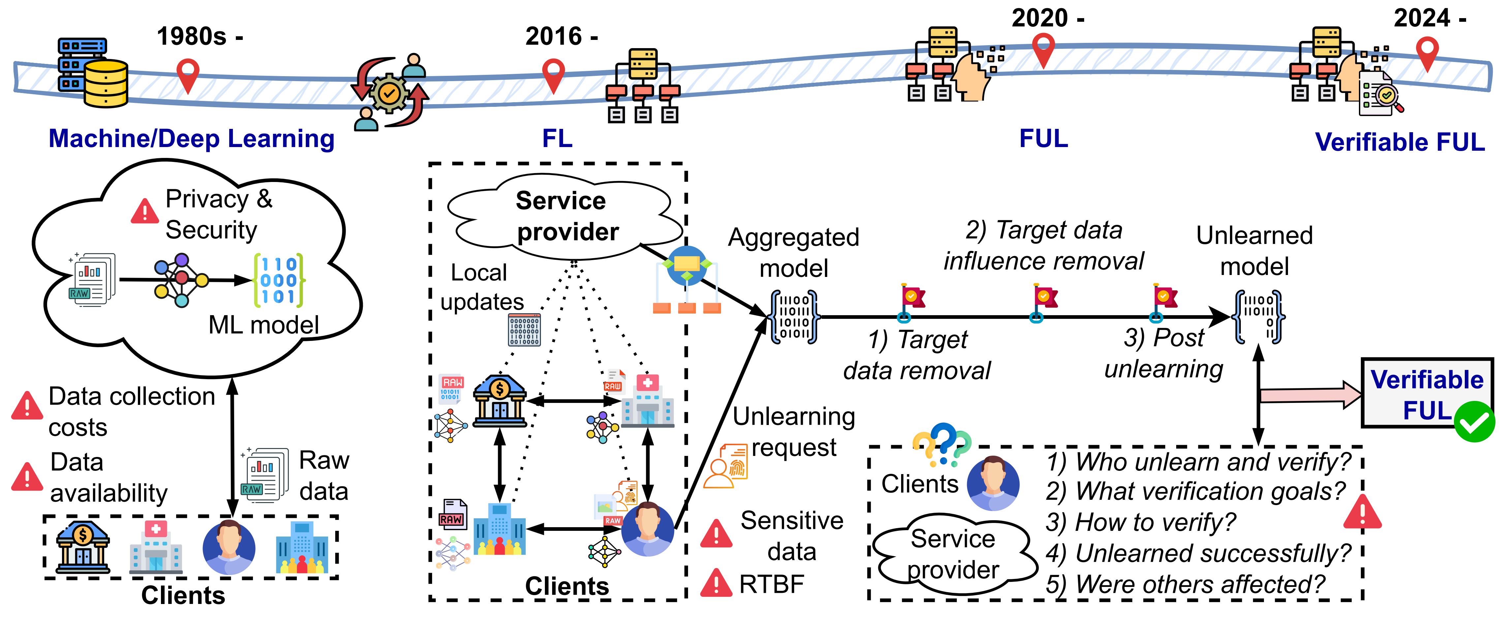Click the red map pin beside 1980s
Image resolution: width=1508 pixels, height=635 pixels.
click(x=188, y=74)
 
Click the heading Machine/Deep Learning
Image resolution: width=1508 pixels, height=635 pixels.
click(x=191, y=139)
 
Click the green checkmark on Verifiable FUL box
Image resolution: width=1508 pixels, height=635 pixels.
click(x=1474, y=421)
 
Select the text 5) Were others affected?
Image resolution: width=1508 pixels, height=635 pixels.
click(x=1185, y=584)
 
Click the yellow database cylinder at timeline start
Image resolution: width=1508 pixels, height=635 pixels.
click(x=105, y=84)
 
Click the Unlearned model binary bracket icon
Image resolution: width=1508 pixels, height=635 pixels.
click(x=1257, y=317)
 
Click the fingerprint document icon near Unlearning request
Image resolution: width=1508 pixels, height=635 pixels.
click(x=727, y=465)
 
